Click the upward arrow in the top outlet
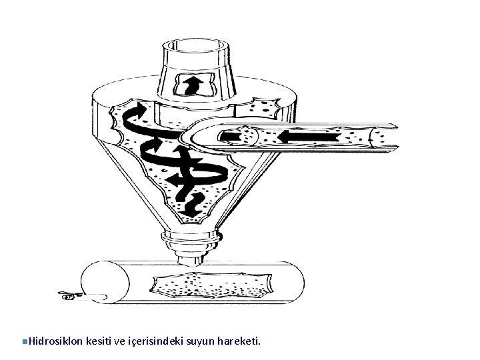193,85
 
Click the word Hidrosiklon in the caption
56,341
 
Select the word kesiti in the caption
99,341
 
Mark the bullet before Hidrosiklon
24,342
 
